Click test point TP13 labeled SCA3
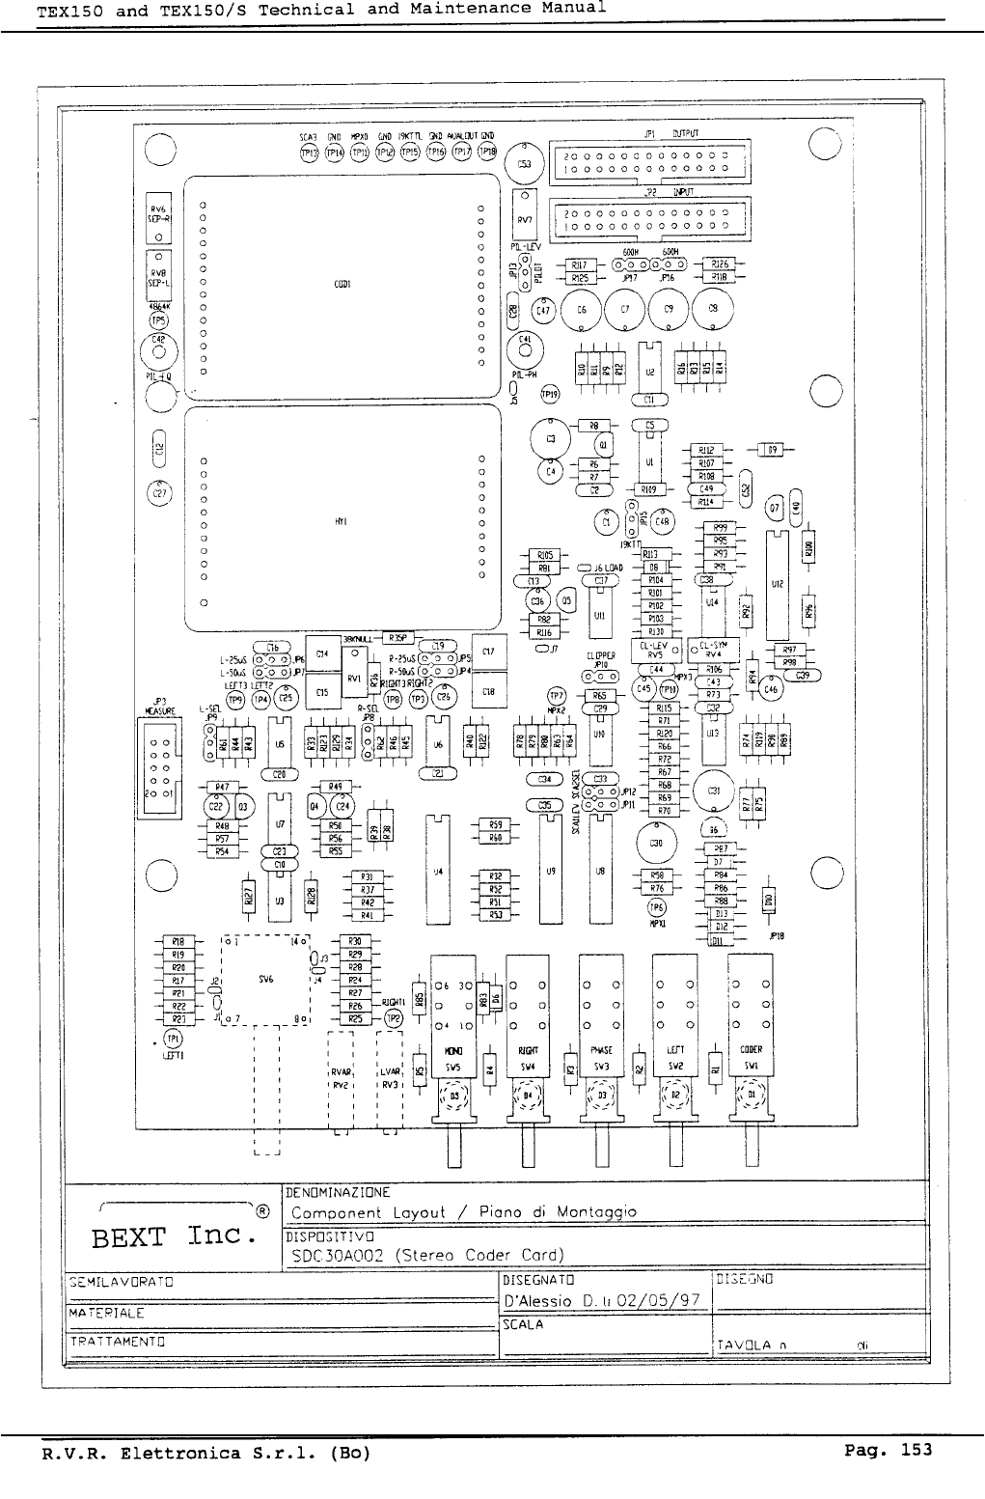(x=309, y=151)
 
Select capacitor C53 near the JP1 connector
(x=524, y=164)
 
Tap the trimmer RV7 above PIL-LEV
(x=525, y=220)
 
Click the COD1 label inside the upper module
(x=341, y=285)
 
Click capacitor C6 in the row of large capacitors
(x=582, y=311)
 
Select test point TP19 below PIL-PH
(x=549, y=393)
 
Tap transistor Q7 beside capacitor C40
(x=774, y=508)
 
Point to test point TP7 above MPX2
(x=556, y=695)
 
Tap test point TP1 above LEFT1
(x=173, y=1039)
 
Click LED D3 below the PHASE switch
(x=601, y=1096)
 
